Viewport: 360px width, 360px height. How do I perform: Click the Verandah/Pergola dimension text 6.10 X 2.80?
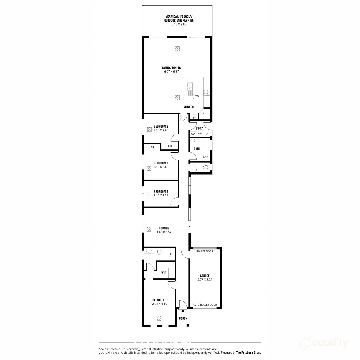coord(179,25)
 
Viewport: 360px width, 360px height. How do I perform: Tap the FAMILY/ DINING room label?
coord(172,68)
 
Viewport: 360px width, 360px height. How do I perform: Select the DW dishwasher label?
coord(197,96)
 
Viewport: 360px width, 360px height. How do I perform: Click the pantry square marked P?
coord(204,113)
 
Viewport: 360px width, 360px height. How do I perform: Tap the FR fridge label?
coord(194,114)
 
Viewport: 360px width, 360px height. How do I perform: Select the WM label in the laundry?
coord(199,133)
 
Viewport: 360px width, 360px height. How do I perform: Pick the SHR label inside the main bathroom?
coord(205,157)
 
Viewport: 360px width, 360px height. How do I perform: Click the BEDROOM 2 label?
coord(161,126)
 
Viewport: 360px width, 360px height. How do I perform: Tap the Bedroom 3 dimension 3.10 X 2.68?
coord(161,167)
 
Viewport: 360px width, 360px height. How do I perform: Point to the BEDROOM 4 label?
coord(161,191)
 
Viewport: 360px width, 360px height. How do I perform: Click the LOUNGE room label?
coord(164,228)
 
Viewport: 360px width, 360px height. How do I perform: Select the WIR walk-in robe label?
coord(164,273)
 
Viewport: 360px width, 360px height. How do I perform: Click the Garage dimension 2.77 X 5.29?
coord(205,280)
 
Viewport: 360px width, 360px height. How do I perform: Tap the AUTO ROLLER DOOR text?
coord(205,305)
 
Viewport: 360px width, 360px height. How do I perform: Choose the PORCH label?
coord(183,319)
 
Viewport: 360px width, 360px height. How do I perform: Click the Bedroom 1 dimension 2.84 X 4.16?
coord(159,304)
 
